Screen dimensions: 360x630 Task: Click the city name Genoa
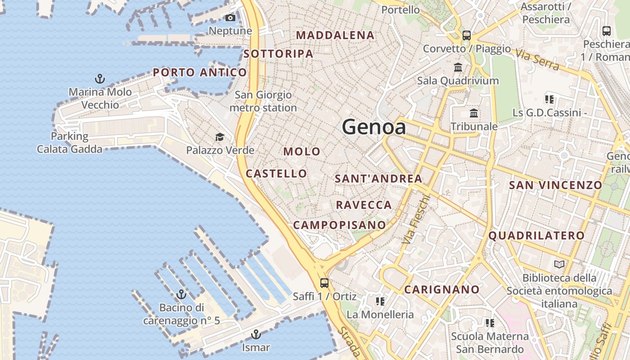pos(374,127)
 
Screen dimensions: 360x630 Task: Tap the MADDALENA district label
pos(335,35)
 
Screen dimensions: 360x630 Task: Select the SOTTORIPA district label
pos(278,54)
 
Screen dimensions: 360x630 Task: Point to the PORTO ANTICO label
pos(200,72)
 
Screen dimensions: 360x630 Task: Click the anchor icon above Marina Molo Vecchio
pos(100,79)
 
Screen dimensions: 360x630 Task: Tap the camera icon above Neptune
pos(230,18)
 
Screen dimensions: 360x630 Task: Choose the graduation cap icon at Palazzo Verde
pos(220,137)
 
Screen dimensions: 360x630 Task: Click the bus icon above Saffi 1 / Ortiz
pos(324,283)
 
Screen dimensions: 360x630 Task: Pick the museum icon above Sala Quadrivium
pos(458,67)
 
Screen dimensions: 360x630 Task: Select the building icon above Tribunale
pos(474,113)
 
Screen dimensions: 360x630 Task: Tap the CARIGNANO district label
pos(442,289)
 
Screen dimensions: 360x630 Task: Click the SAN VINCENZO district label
pos(555,185)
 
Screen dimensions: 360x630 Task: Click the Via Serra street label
pos(538,60)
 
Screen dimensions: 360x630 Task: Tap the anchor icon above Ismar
pos(256,334)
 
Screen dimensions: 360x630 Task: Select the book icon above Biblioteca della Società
pos(559,265)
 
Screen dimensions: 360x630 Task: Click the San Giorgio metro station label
pos(263,101)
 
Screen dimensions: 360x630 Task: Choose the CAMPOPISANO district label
pos(339,225)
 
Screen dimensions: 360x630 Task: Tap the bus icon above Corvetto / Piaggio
pos(467,35)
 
